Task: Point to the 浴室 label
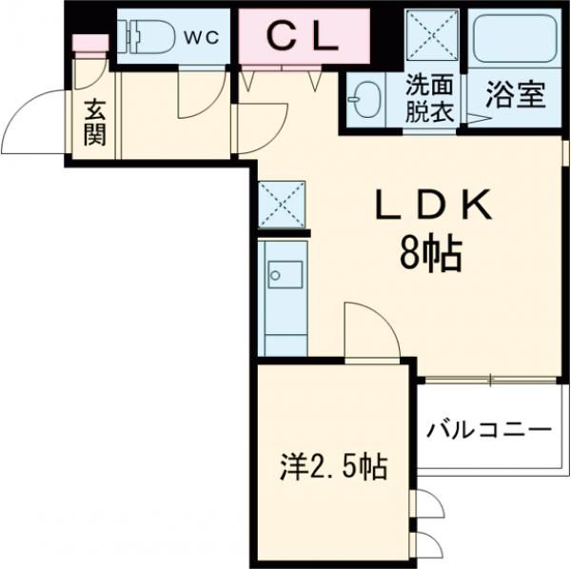[x=514, y=95]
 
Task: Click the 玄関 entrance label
[x=93, y=122]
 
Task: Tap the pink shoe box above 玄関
[x=88, y=44]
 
